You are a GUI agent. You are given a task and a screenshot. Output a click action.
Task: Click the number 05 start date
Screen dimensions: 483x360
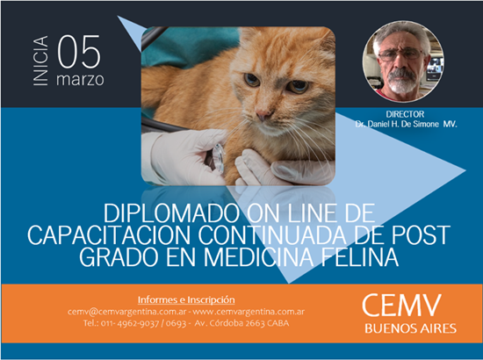pos(79,52)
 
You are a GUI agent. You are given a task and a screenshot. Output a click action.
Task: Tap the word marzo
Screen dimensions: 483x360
pos(80,80)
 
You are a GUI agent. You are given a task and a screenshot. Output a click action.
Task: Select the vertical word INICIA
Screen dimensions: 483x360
pos(40,61)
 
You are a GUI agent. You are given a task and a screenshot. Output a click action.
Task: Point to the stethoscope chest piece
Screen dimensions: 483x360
pos(219,157)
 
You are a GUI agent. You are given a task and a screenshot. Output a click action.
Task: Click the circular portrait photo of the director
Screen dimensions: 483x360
pos(403,61)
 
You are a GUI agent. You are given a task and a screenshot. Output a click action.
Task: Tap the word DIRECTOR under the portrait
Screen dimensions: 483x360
pos(405,114)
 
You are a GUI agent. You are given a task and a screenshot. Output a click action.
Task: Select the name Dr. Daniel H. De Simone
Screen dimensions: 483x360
pos(397,124)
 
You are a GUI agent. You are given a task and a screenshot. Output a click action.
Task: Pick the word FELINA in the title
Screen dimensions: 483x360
pos(360,257)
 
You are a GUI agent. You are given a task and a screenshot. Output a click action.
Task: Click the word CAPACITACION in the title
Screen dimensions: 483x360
pos(110,235)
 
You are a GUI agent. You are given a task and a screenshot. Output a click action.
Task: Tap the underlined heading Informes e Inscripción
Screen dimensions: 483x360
pos(186,299)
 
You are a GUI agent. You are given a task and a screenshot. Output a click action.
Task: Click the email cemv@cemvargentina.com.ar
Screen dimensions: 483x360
pos(127,312)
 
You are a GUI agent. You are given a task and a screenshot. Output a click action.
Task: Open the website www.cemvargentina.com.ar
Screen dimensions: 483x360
pos(249,312)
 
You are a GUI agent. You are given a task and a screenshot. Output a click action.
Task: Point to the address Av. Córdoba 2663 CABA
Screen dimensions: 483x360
pos(241,323)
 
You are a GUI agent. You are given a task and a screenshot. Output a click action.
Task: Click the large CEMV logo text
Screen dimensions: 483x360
pos(401,306)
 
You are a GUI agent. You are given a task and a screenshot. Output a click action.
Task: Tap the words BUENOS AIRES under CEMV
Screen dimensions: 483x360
pos(410,328)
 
